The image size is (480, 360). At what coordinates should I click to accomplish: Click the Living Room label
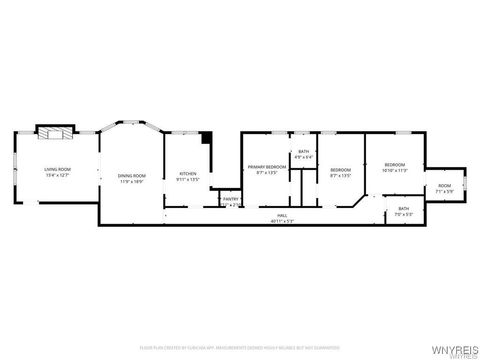pos(57,169)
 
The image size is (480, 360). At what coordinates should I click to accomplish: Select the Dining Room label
pos(126,176)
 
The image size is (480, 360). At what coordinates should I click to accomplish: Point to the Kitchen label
pos(187,174)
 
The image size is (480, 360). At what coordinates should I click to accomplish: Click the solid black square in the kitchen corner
pos(206,137)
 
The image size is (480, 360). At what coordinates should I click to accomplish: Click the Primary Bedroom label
pos(267,166)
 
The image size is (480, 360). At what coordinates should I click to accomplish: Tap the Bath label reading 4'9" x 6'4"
pos(303,152)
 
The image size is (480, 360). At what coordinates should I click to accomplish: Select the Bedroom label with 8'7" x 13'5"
pos(341,169)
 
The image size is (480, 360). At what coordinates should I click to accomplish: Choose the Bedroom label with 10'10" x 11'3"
pos(395,164)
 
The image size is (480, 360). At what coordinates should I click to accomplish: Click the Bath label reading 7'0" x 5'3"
pos(402,208)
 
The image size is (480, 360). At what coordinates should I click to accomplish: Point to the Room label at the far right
pos(444,185)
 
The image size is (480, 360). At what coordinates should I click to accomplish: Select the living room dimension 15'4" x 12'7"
pos(57,175)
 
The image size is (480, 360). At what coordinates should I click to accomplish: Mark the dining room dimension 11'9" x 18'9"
pos(126,182)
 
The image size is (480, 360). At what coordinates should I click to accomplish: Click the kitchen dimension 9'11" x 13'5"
pos(187,180)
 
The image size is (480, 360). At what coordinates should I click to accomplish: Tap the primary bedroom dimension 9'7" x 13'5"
pos(267,172)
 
